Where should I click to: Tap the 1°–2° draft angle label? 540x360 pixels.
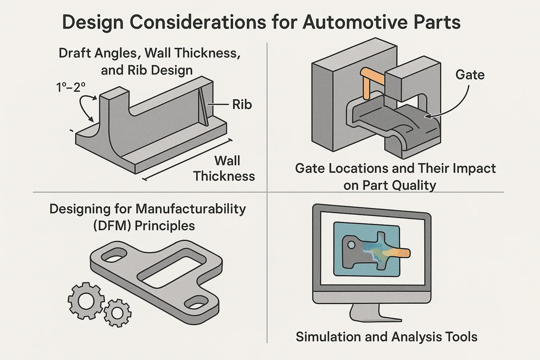(71, 87)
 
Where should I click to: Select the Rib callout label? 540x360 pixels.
(242, 104)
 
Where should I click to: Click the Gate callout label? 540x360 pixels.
(470, 75)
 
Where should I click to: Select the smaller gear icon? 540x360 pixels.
(117, 313)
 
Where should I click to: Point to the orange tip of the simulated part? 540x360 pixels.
(401, 252)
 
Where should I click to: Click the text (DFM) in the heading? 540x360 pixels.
(112, 225)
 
